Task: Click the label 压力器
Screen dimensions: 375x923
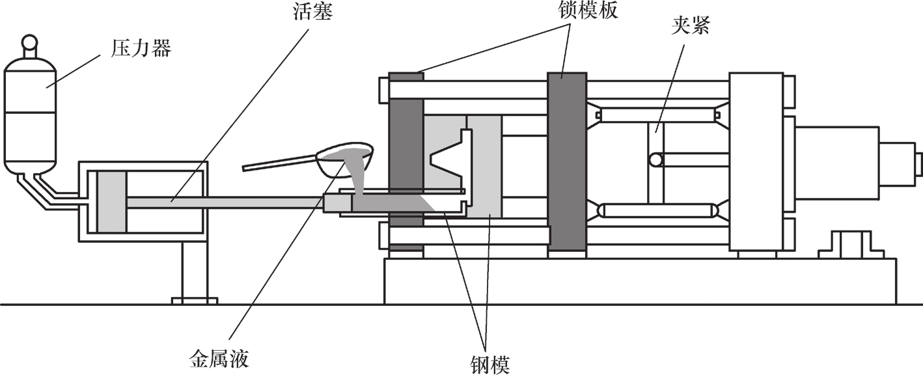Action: tap(140, 49)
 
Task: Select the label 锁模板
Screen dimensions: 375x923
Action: tap(583, 10)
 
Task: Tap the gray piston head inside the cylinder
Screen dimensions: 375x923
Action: tap(111, 202)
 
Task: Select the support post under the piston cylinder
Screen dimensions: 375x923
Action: tap(193, 270)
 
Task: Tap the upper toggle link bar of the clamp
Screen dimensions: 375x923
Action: tap(657, 116)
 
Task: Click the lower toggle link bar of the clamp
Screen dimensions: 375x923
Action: tap(658, 211)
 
